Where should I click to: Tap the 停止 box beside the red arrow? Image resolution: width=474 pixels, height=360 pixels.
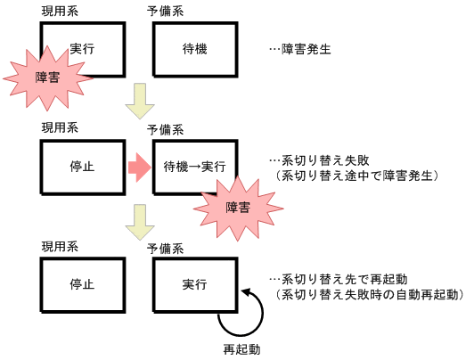click(82, 166)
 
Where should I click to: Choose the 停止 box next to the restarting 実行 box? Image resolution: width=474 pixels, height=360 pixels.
click(82, 284)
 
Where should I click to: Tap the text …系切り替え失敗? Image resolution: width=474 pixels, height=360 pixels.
click(312, 160)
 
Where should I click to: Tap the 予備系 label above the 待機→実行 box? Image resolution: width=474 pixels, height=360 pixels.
click(166, 130)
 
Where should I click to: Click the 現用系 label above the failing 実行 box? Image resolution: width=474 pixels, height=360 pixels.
click(60, 12)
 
